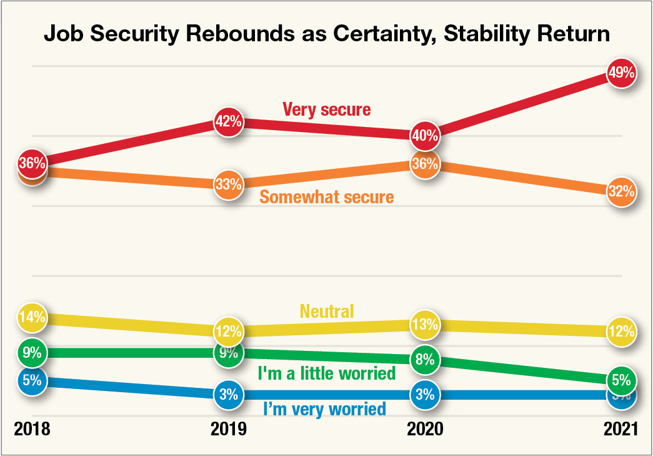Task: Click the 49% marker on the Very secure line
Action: [621, 73]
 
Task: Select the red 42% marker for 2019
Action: [228, 121]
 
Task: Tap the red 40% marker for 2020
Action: [425, 135]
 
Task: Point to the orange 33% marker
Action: [228, 185]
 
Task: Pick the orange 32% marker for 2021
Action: [621, 191]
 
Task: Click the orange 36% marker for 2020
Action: [425, 164]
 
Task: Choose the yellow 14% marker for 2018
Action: [32, 317]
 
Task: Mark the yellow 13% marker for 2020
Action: [425, 325]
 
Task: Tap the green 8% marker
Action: [425, 360]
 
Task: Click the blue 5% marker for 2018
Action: [32, 380]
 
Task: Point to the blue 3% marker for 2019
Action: [228, 395]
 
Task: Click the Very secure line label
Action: [326, 110]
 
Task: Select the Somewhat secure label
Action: [327, 198]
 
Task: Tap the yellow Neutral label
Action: [327, 310]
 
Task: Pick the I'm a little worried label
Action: [327, 373]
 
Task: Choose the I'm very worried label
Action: [324, 410]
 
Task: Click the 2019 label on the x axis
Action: [228, 430]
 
